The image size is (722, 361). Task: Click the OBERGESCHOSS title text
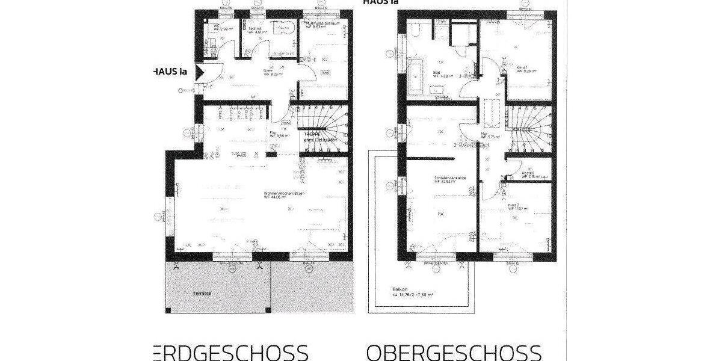tap(454, 353)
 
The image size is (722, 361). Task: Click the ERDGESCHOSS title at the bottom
tap(228, 353)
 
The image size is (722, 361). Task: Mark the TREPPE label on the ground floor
tap(312, 134)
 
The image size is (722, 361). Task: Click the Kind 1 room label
tap(522, 67)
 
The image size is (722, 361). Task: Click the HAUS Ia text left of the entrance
tap(171, 72)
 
